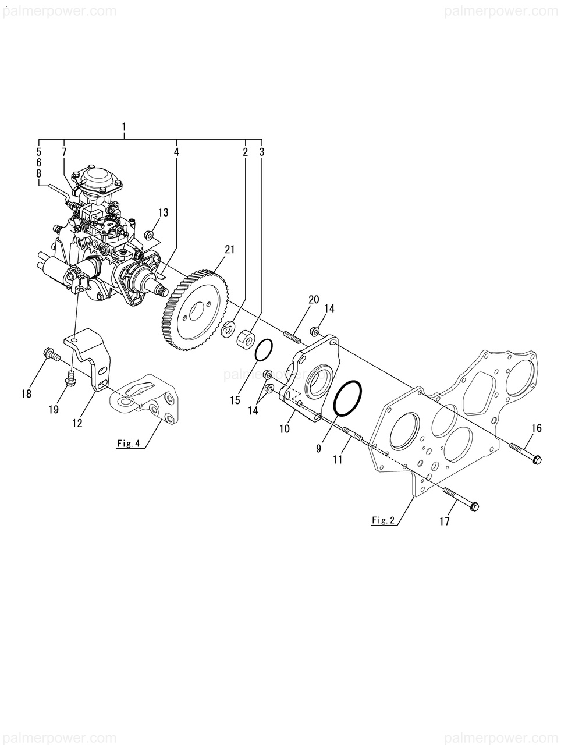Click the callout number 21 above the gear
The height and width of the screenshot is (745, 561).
coord(230,250)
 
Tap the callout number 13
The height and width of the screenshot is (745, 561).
coord(163,212)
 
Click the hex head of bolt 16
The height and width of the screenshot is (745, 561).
coord(537,460)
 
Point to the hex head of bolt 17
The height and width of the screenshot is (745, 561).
coord(473,506)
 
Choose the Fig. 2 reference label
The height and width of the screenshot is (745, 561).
coord(384,520)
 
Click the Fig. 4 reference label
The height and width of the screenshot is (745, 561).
coord(128,444)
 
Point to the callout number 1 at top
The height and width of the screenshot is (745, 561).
coord(124,127)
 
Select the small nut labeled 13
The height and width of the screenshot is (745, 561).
coord(150,236)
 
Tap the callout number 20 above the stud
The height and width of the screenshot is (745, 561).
coord(314,300)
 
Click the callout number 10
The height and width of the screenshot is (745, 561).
coord(285,429)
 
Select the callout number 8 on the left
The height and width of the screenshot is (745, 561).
coord(38,173)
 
